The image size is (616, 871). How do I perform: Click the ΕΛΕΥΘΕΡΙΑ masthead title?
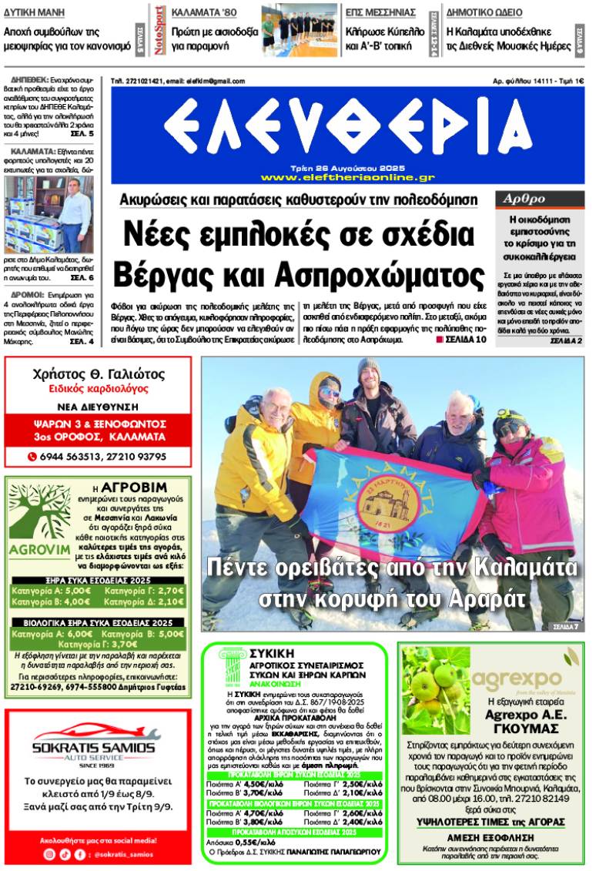click(x=346, y=123)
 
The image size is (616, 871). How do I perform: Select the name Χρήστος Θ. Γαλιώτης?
click(x=98, y=375)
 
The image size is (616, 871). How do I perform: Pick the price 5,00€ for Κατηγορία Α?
click(x=79, y=591)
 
